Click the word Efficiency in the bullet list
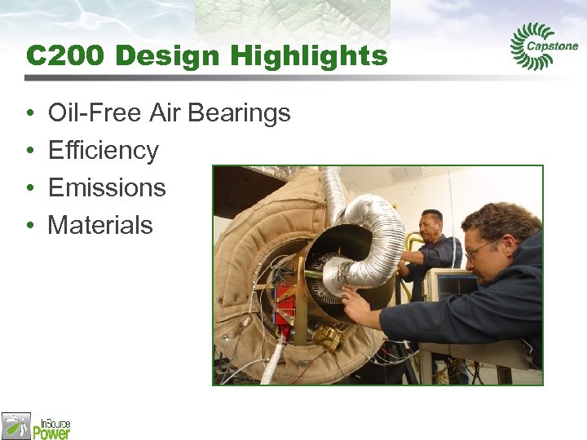pyautogui.click(x=104, y=150)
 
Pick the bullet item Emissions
pyautogui.click(x=107, y=187)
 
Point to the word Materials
pyautogui.click(x=100, y=225)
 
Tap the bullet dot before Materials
pyautogui.click(x=29, y=226)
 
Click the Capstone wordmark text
pyautogui.click(x=553, y=47)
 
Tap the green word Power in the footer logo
pyautogui.click(x=51, y=432)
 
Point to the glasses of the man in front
pyautogui.click(x=481, y=247)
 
